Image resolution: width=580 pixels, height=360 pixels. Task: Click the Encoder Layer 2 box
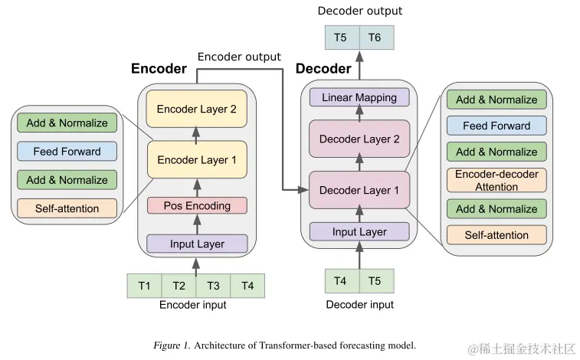tap(197, 110)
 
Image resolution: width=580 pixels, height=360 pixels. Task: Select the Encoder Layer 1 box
tap(197, 160)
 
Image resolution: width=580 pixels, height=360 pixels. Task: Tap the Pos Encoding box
tap(197, 205)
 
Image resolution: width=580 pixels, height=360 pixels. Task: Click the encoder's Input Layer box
tap(197, 244)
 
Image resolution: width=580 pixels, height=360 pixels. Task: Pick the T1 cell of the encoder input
tap(144, 286)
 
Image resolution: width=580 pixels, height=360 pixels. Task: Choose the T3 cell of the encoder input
tap(214, 286)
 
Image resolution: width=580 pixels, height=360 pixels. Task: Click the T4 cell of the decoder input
tap(341, 281)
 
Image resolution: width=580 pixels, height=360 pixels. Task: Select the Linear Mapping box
tap(359, 97)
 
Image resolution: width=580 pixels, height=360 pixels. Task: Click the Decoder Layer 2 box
tap(359, 139)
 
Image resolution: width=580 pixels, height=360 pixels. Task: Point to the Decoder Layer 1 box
tap(359, 190)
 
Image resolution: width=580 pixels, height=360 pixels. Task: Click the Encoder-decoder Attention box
tap(496, 180)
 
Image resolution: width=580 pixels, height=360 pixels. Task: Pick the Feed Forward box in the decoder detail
tap(496, 126)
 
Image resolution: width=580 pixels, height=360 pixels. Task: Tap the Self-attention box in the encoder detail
tap(67, 208)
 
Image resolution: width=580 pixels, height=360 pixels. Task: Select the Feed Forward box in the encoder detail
tap(67, 151)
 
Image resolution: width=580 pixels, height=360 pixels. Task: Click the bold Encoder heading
tap(159, 69)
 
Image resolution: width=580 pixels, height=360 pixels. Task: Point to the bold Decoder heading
tap(323, 69)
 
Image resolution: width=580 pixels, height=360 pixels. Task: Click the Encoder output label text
tap(239, 57)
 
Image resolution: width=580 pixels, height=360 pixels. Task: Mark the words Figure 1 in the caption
tap(171, 345)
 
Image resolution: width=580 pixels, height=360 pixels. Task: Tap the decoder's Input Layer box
tap(359, 231)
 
